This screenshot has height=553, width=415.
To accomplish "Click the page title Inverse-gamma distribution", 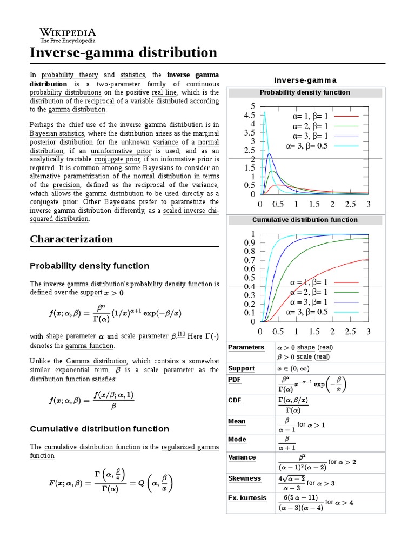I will [x=123, y=53].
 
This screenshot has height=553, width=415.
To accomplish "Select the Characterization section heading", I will [x=71, y=239].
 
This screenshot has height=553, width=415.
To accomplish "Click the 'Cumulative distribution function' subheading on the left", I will [x=99, y=429].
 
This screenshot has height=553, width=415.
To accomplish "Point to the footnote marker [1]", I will [x=182, y=335].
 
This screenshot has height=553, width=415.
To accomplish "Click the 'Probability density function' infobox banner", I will [x=305, y=92].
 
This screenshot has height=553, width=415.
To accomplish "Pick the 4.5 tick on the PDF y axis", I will [x=250, y=115].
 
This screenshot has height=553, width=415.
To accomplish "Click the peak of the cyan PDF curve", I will [x=264, y=112].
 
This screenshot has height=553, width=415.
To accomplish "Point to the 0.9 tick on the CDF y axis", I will [x=249, y=242].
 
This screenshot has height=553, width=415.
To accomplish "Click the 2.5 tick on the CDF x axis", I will [x=350, y=331].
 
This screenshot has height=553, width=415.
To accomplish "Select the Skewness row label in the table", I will [x=244, y=478].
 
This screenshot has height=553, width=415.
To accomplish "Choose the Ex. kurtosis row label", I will [x=247, y=498].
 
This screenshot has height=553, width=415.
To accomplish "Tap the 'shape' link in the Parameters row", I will [x=306, y=347].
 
